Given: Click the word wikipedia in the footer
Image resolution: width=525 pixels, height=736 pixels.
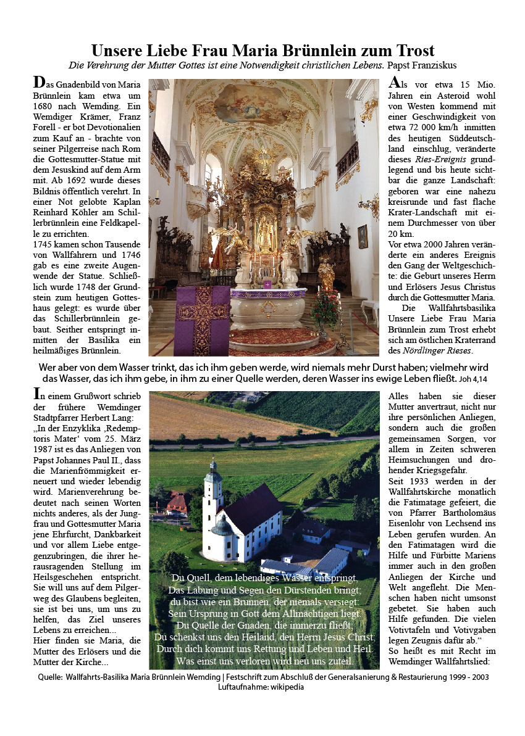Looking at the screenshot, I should point(284,687).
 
